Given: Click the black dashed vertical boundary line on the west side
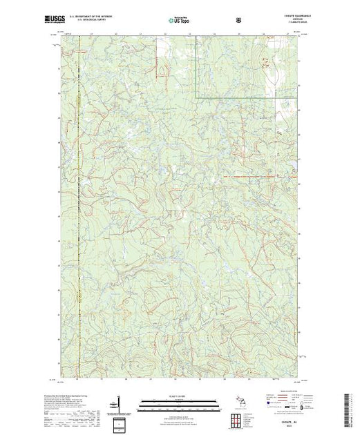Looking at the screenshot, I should [78, 207].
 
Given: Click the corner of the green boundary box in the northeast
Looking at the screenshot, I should [198, 97].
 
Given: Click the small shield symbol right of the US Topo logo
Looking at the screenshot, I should [238, 21].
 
